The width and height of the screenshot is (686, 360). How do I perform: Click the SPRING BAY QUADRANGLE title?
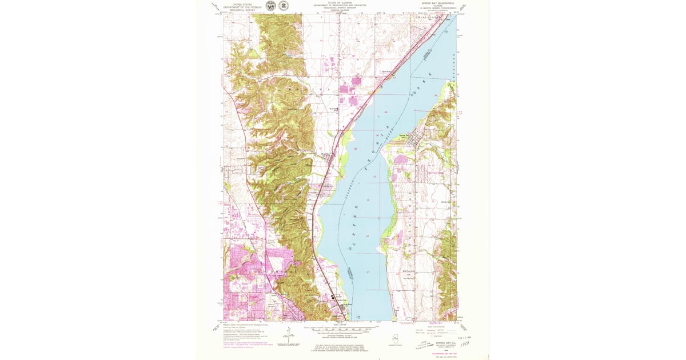(x=437, y=3)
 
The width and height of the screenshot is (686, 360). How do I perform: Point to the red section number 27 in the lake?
(x=368, y=271)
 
